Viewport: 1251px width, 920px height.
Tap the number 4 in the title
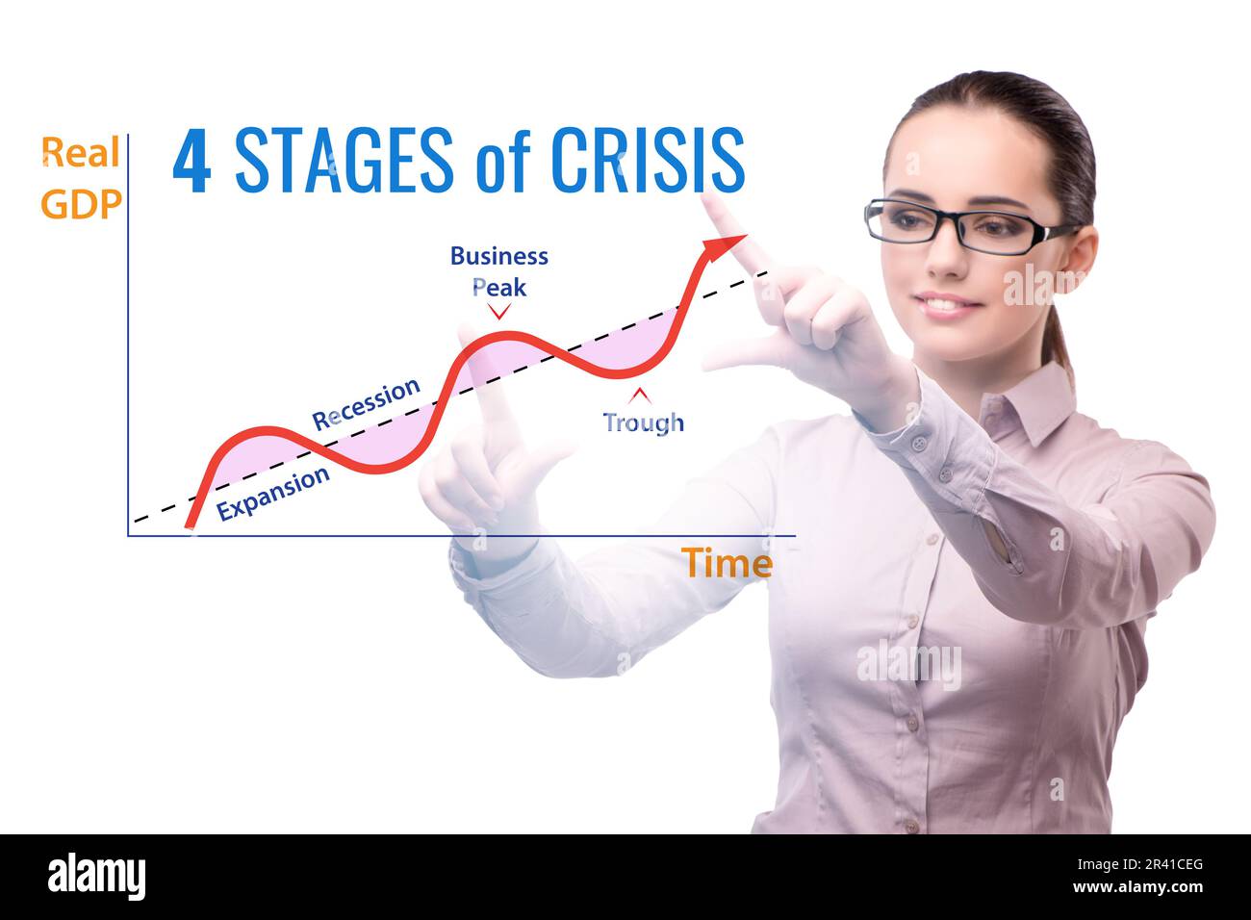coord(191,161)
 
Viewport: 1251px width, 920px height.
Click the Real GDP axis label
coord(81,178)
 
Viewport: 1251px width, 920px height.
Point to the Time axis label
coord(728,564)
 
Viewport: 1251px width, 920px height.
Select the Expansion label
coord(273,493)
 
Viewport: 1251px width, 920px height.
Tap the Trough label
coord(643,422)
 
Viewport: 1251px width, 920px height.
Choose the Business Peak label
coord(499,270)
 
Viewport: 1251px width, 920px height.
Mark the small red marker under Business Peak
coord(498,311)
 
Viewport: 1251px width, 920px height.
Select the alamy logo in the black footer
coord(96,877)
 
